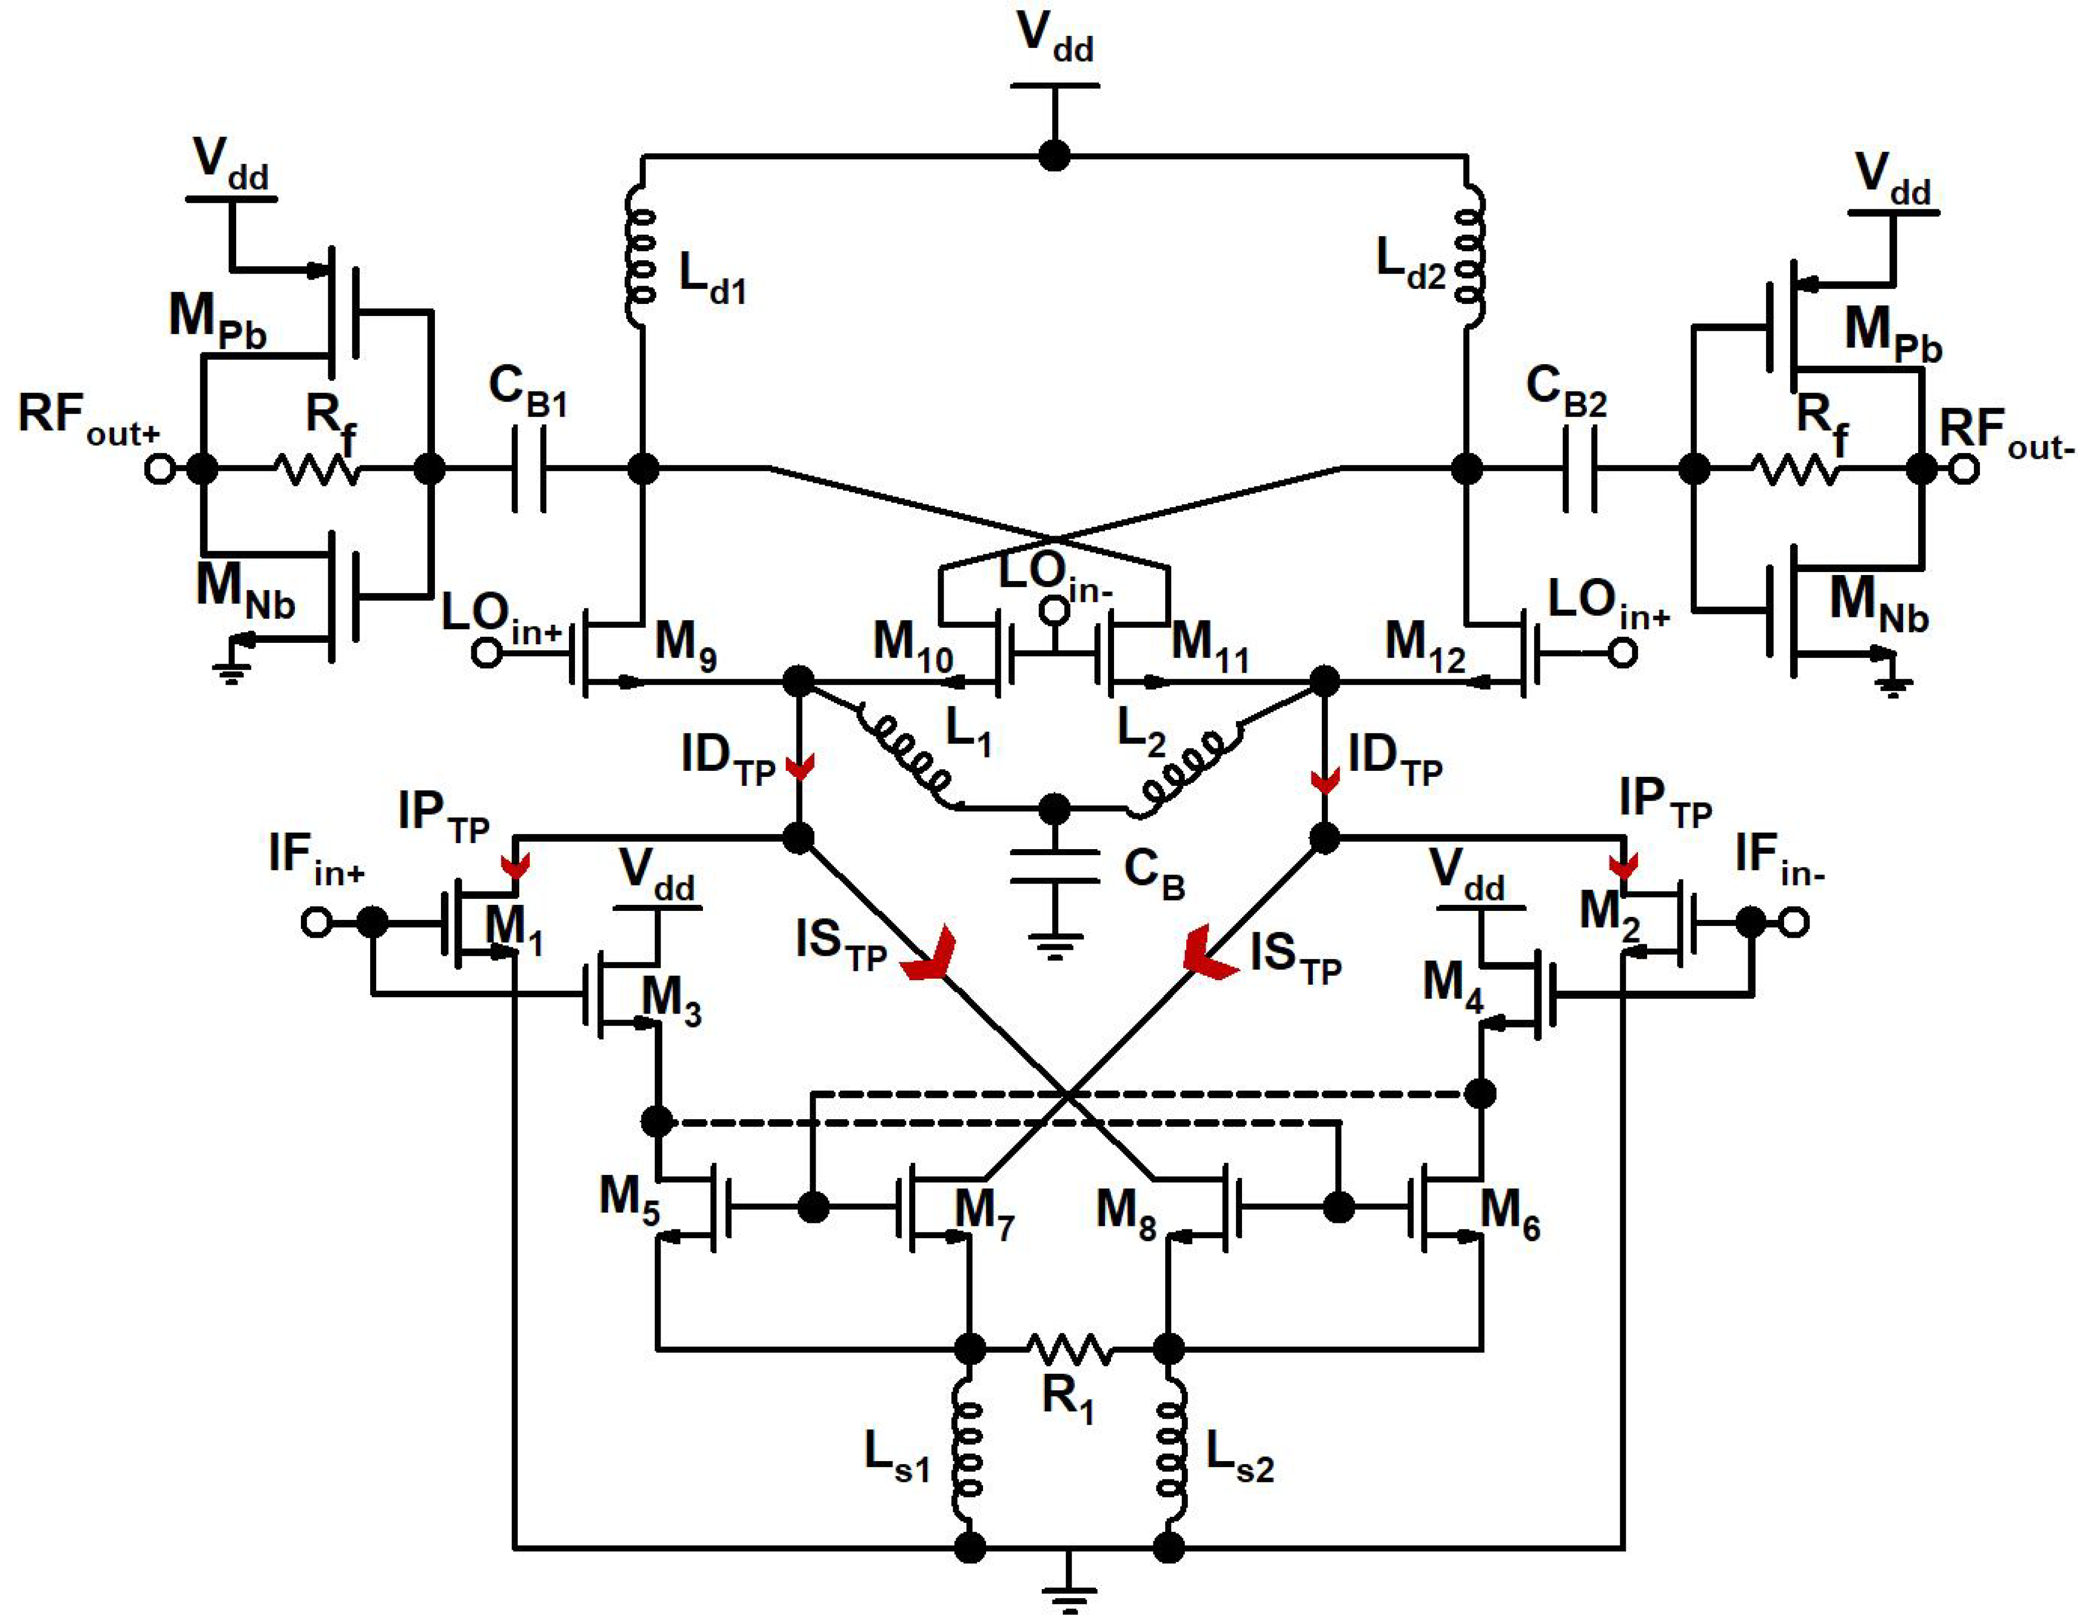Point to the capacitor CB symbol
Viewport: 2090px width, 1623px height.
(x=1055, y=866)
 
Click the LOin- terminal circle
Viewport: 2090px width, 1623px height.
(x=1055, y=608)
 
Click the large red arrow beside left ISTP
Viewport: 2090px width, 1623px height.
(x=928, y=957)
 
